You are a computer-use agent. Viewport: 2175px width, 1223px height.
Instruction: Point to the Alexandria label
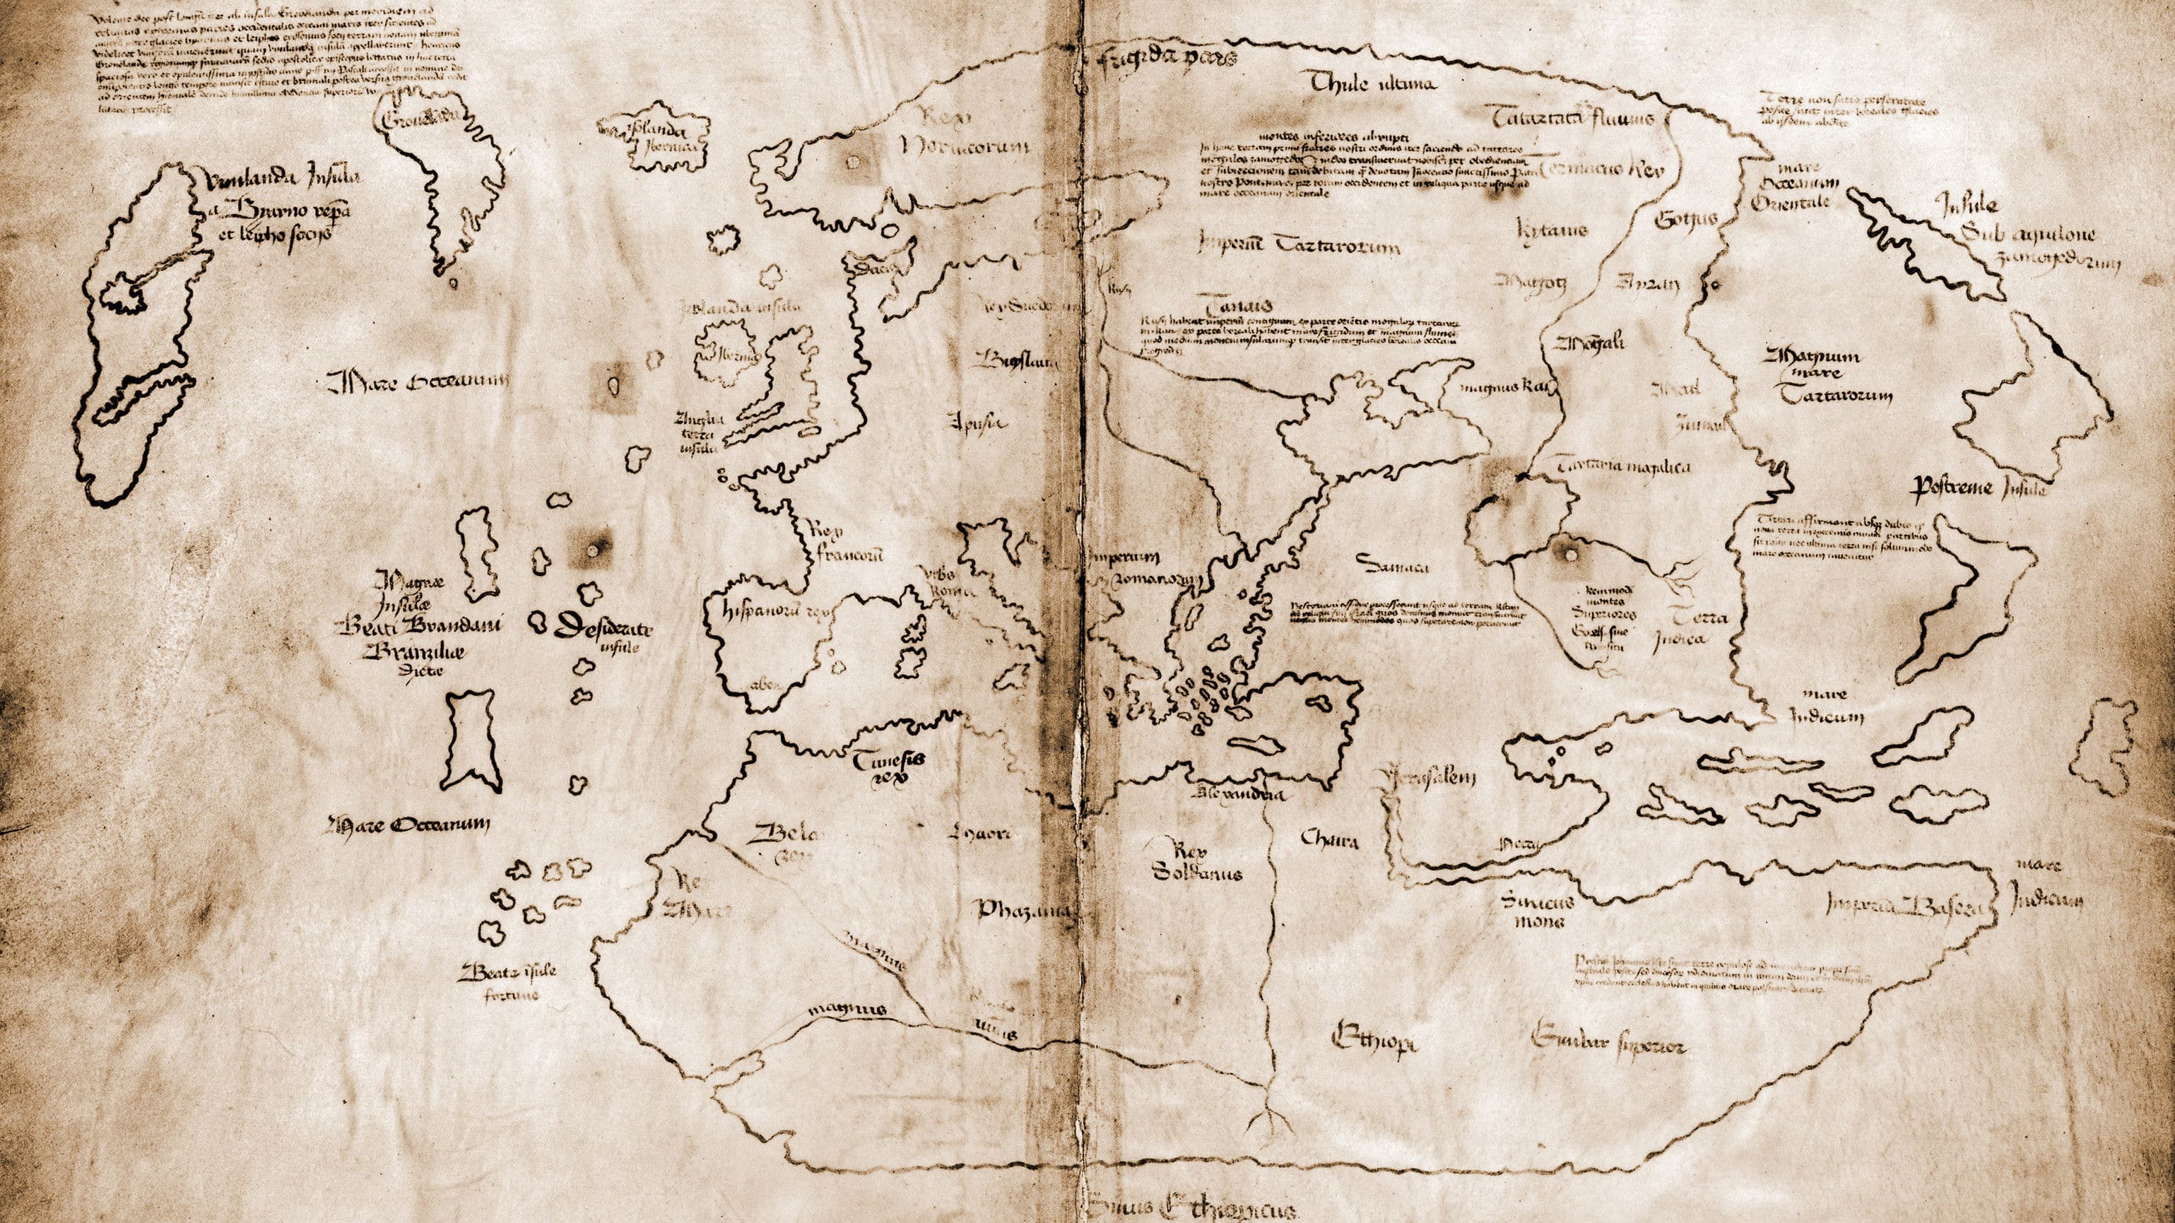(x=1239, y=794)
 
